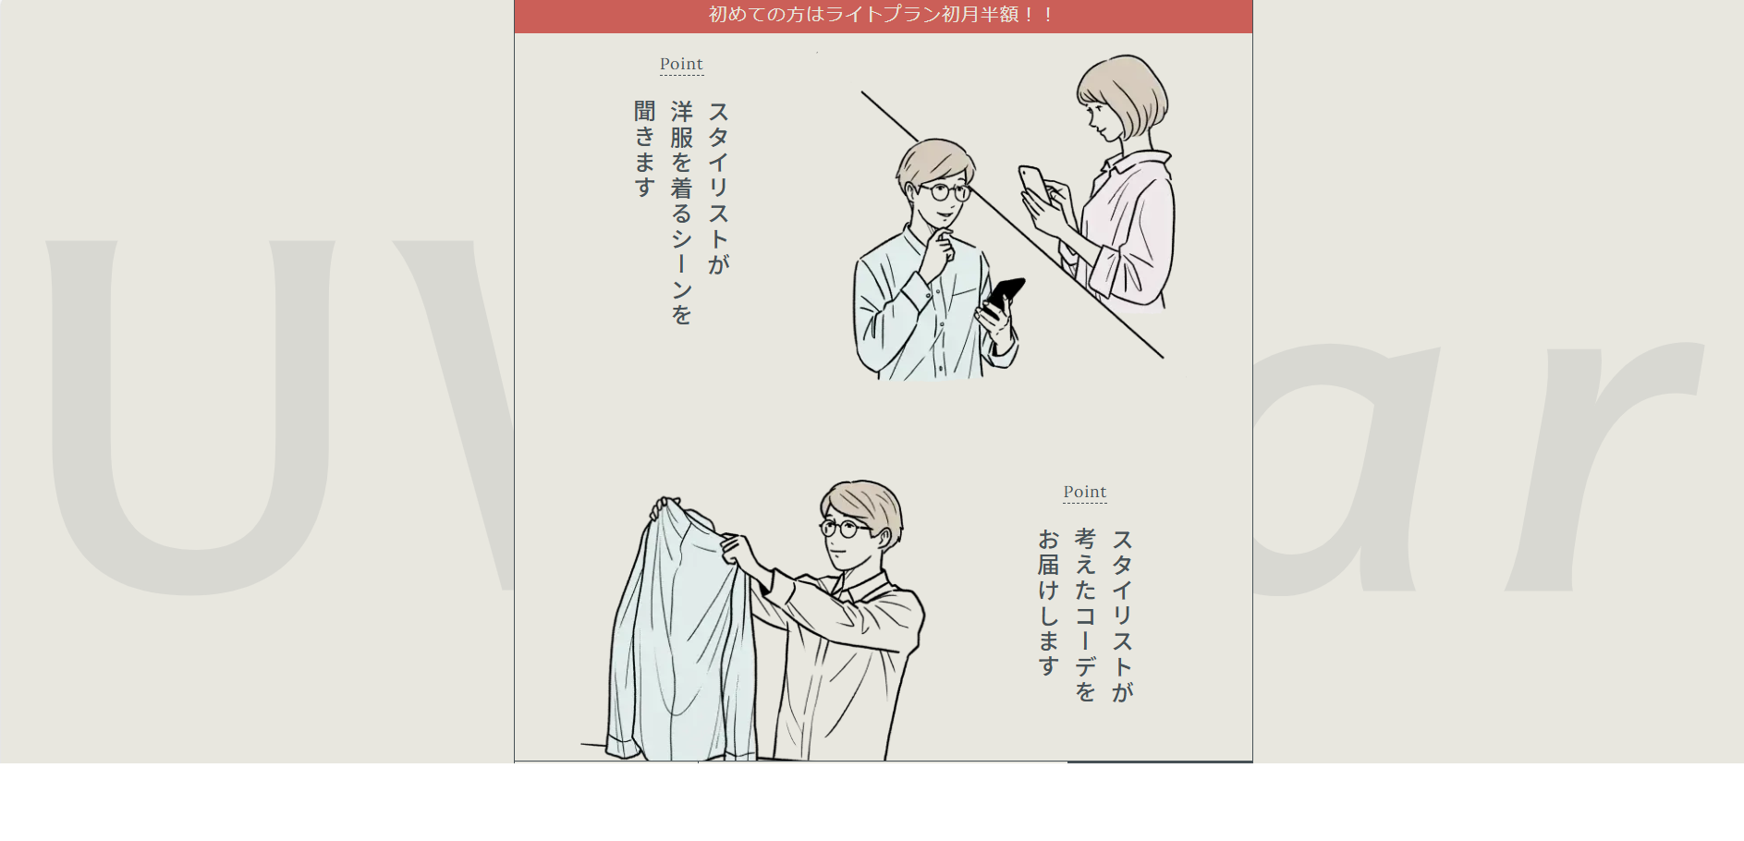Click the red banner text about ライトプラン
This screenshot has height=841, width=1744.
[883, 15]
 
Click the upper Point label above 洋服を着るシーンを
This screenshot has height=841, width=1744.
[681, 64]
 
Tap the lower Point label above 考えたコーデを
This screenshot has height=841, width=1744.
[1085, 492]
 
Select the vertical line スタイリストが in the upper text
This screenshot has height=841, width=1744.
[718, 188]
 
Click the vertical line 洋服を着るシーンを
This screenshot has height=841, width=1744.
[681, 213]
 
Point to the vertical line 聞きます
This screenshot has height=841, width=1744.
[644, 149]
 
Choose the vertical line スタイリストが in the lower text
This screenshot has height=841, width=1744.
[1122, 616]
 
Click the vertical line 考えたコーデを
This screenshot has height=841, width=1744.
[1085, 616]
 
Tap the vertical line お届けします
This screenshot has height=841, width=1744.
[1048, 603]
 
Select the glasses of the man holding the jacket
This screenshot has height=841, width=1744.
[844, 529]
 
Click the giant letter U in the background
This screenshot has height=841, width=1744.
[189, 416]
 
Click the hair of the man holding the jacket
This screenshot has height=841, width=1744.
[864, 504]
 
